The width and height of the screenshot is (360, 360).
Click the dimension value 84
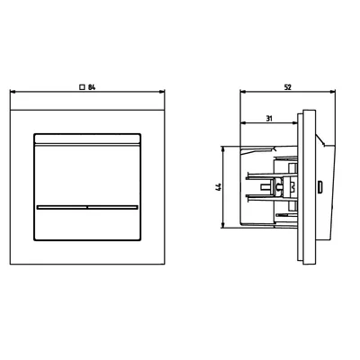click(92, 87)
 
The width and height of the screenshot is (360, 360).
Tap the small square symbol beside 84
click(81, 87)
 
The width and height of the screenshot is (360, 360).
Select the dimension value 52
click(287, 87)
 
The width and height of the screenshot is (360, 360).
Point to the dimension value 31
click(269, 119)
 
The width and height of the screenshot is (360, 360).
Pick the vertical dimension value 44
click(219, 186)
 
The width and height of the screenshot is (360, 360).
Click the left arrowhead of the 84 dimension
click(13, 92)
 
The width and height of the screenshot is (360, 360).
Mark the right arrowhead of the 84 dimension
click(162, 92)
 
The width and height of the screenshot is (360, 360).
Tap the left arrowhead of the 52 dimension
click(243, 92)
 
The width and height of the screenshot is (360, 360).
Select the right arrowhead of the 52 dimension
click(332, 92)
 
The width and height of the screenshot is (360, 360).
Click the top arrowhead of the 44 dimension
click(222, 149)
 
